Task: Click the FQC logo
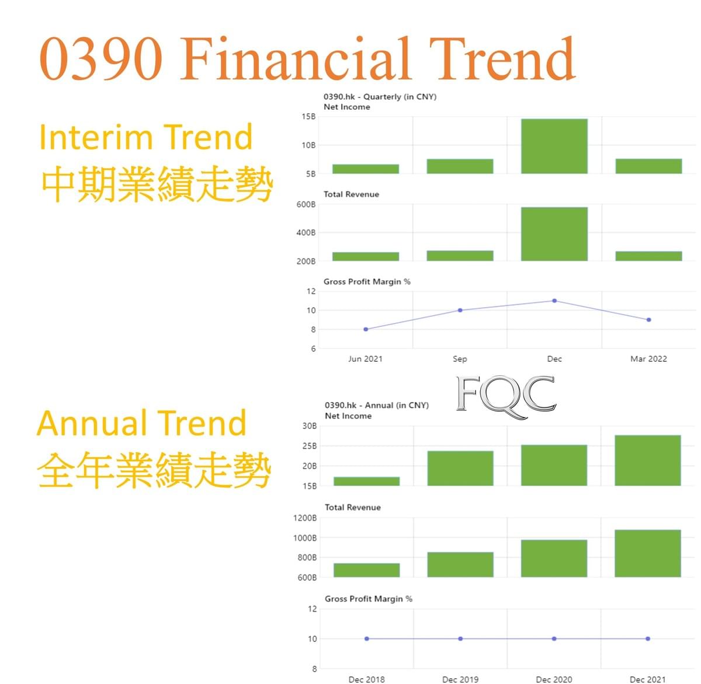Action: pos(506,396)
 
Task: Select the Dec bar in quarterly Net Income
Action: pos(554,146)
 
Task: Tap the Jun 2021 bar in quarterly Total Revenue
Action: pos(366,256)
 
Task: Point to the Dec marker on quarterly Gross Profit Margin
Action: pos(554,301)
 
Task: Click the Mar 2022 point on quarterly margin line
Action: pos(648,319)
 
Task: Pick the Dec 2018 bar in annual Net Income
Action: pos(367,481)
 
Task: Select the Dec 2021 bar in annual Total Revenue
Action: pos(648,553)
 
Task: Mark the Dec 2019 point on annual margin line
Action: pos(460,638)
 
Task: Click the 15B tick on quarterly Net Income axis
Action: pos(308,117)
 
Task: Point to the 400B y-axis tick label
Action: pos(306,233)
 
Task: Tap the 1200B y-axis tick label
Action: pos(305,518)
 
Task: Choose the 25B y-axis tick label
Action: pos(310,446)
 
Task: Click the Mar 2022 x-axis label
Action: pos(648,359)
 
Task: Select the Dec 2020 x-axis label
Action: pos(554,679)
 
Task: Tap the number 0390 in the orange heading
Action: pos(101,58)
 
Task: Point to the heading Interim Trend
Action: pos(146,137)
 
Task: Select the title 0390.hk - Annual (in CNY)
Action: pos(377,405)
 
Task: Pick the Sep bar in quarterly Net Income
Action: pos(460,166)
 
